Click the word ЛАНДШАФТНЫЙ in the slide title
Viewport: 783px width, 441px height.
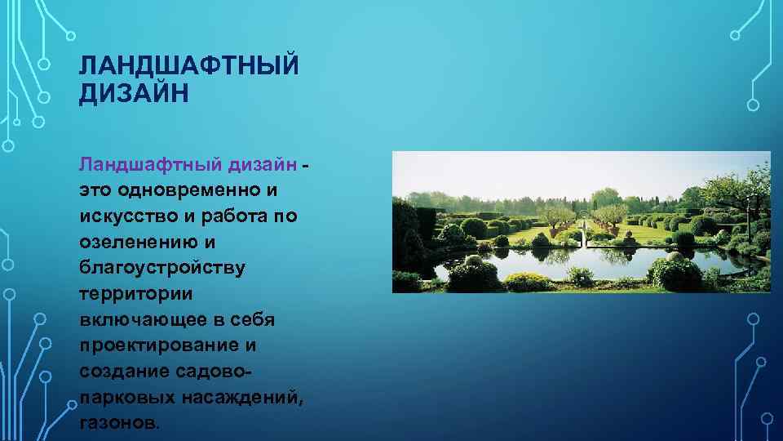click(x=189, y=65)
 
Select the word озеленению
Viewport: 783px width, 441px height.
click(x=135, y=243)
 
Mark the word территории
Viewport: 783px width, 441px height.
click(x=131, y=294)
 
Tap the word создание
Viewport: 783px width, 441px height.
click(x=124, y=372)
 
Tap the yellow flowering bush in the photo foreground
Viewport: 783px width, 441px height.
click(x=527, y=282)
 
